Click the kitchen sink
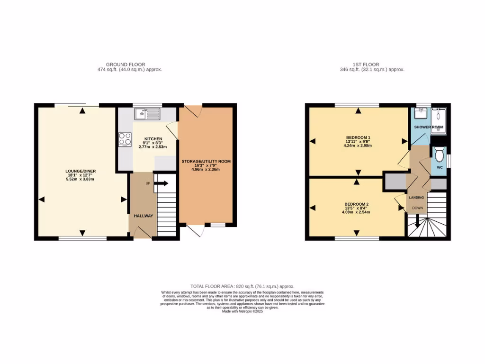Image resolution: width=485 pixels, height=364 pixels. (147, 114)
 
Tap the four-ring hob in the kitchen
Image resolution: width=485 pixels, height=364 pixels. (125, 139)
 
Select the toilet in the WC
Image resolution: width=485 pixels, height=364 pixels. (439, 155)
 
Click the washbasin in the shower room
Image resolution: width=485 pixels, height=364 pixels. (420, 114)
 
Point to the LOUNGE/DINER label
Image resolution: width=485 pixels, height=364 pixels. (83, 171)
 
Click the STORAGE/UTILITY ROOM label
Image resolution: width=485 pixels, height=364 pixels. (206, 161)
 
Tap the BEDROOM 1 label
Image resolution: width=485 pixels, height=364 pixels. (358, 137)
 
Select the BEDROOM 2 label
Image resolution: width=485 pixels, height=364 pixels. (356, 204)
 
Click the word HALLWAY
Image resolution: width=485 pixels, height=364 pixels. (143, 216)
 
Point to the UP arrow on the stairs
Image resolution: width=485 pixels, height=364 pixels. (162, 183)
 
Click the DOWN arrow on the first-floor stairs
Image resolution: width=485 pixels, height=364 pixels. (417, 221)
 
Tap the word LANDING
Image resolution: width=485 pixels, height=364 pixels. (417, 197)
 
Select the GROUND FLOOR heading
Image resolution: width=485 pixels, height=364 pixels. (126, 64)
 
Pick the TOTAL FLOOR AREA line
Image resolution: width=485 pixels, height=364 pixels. (242, 286)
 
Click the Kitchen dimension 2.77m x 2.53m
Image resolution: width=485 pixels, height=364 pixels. (150, 147)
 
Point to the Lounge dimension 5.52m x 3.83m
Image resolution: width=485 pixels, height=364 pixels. (83, 179)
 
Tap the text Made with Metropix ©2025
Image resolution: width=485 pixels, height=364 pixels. (242, 311)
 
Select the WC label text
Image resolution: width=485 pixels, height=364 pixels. (439, 167)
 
